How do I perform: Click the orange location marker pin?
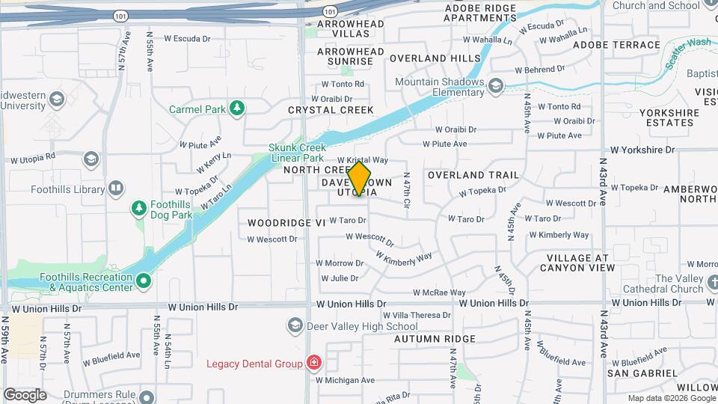(x=360, y=180)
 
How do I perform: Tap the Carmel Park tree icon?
(x=237, y=109)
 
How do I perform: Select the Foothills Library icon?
(x=116, y=189)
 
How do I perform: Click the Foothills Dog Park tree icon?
(x=138, y=207)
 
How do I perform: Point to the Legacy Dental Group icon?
(x=313, y=364)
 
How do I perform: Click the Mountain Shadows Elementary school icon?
(x=495, y=88)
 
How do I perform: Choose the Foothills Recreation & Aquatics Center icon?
(x=143, y=282)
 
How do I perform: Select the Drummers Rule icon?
(x=147, y=397)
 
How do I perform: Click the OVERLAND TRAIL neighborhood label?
(x=473, y=175)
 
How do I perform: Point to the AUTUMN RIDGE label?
(x=435, y=339)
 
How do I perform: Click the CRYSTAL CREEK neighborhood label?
(x=331, y=110)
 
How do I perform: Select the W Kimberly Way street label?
(x=404, y=257)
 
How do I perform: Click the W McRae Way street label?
(x=439, y=293)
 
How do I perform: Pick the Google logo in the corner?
(x=25, y=394)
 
